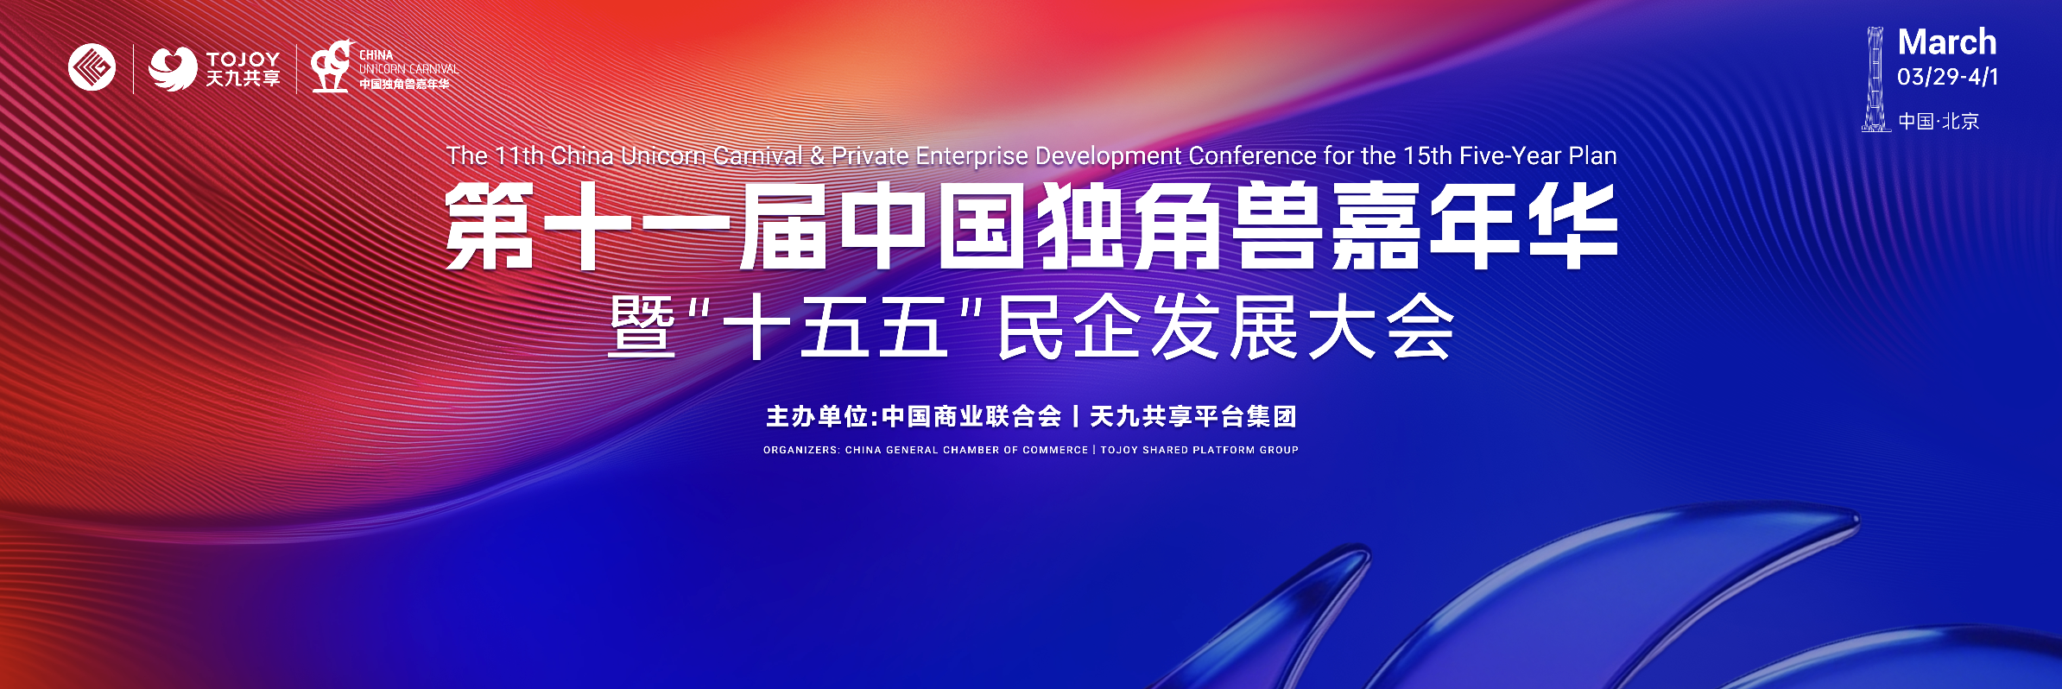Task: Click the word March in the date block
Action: coord(1947,42)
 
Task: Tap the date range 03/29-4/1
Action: coord(1947,77)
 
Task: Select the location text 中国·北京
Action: coord(1939,121)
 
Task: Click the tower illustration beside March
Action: coord(1875,79)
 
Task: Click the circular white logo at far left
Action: coord(92,67)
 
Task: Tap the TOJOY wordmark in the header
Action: coord(243,59)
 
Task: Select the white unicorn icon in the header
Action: coord(332,66)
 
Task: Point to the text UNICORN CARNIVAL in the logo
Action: coord(408,69)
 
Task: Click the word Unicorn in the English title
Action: coord(662,155)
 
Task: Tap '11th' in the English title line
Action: coord(519,155)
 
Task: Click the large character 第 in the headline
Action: coord(490,226)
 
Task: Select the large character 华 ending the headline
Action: coord(1572,226)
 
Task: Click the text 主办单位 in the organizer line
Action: coord(817,417)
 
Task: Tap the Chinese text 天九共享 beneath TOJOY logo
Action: coord(243,79)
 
